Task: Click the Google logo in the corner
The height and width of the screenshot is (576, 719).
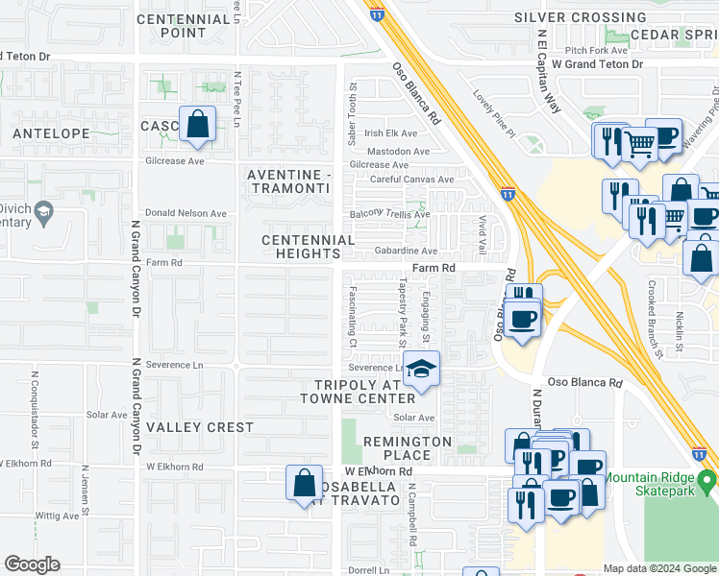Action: pyautogui.click(x=32, y=564)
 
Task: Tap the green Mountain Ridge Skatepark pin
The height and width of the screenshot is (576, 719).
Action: pyautogui.click(x=707, y=478)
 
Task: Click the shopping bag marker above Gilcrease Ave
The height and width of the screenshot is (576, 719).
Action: pyautogui.click(x=197, y=125)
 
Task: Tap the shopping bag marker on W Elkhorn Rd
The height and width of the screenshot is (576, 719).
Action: pyautogui.click(x=304, y=482)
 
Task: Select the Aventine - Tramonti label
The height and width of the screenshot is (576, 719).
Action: pyautogui.click(x=288, y=180)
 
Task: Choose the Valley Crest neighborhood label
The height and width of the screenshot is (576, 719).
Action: pyautogui.click(x=201, y=427)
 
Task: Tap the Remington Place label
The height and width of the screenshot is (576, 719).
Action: pyautogui.click(x=408, y=448)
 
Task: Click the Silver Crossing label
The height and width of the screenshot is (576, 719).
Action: pyautogui.click(x=580, y=17)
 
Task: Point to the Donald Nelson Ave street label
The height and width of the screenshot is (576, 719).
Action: pyautogui.click(x=186, y=213)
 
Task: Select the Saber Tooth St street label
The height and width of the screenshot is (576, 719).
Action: pyautogui.click(x=352, y=120)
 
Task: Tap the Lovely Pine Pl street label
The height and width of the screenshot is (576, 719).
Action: pyautogui.click(x=494, y=113)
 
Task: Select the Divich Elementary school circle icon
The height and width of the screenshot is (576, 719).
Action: pyautogui.click(x=42, y=209)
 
